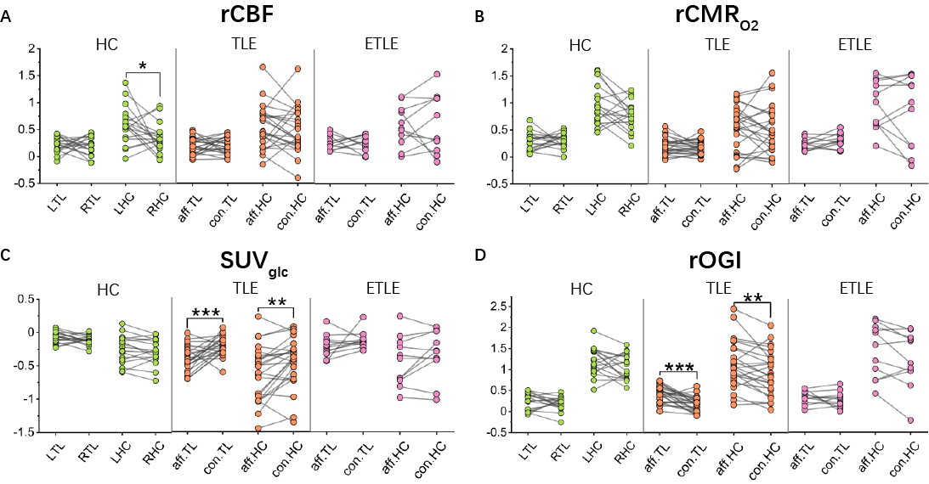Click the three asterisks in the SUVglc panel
pyautogui.click(x=207, y=313)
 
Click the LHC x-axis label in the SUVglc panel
pyautogui.click(x=115, y=454)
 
